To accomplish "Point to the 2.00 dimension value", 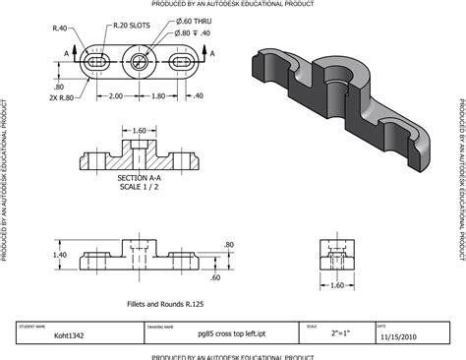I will point(116,96).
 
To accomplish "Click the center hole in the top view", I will point(140,61).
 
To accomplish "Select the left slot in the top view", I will point(95,61).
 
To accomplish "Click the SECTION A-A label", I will point(139,178).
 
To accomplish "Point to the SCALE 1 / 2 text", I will point(139,187).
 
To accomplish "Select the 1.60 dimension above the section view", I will point(139,130).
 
